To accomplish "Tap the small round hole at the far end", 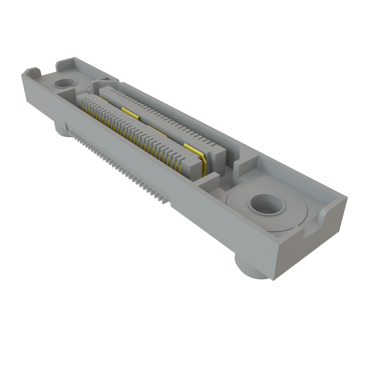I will (65, 84).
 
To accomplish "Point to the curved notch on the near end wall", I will (326, 216).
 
